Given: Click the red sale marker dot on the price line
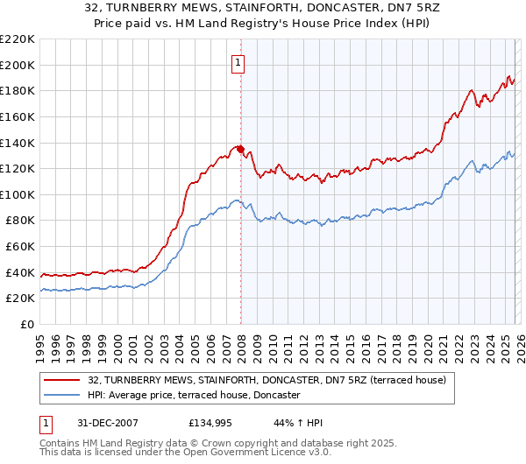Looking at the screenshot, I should (240, 149).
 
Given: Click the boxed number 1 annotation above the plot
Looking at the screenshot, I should (238, 62).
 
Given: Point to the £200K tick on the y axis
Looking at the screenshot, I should (18, 65).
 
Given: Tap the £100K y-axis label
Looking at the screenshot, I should (18, 194).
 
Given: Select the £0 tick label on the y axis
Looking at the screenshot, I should (26, 325).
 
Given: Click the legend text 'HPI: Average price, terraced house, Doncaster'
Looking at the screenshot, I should (194, 396).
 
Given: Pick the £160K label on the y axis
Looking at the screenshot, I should (18, 116).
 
